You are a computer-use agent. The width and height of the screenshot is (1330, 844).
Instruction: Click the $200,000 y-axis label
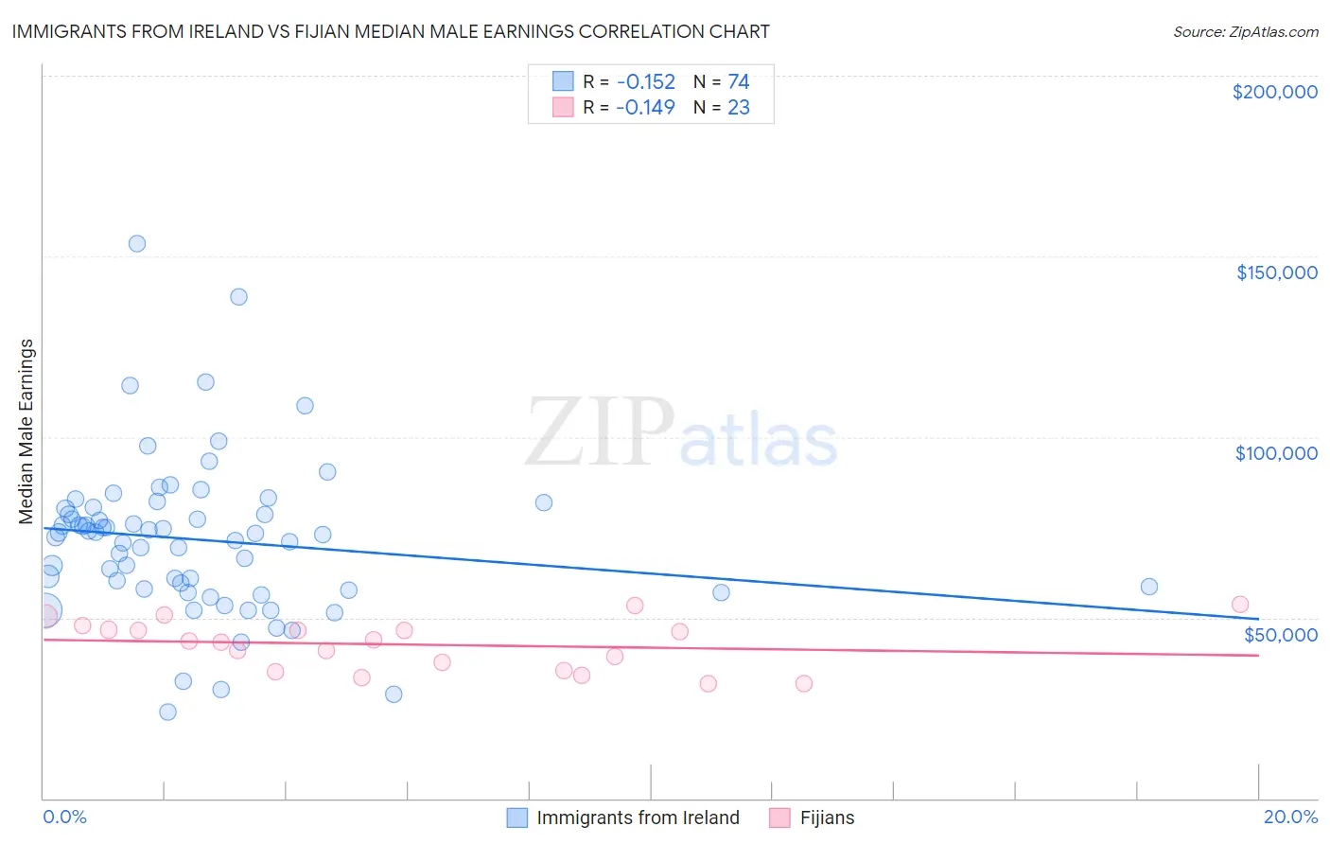1274,92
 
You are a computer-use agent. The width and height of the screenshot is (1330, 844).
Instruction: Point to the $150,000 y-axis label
1276,273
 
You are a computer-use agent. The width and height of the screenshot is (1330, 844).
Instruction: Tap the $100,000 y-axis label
1276,453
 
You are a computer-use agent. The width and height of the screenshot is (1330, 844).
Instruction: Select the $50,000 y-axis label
1280,634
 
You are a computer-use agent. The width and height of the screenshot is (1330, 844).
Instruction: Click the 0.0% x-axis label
64,817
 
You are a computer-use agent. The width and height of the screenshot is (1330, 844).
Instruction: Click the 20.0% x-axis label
1290,817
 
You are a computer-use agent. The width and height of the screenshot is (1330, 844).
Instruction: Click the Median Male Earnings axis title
26,431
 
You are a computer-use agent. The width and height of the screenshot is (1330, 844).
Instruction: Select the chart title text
391,31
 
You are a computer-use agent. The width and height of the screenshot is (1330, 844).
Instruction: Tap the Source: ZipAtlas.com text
1245,32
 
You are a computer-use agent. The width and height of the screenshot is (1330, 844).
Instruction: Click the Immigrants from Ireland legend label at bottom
638,818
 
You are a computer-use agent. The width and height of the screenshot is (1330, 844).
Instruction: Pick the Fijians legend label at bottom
827,818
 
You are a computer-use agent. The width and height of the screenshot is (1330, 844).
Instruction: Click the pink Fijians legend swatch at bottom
779,818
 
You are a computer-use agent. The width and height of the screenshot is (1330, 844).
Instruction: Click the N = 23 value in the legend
723,107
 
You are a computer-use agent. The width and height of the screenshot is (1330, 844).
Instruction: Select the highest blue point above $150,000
137,243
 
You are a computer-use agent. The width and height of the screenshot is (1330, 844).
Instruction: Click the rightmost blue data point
1149,587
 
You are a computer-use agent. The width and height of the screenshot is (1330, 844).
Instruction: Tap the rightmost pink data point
1240,605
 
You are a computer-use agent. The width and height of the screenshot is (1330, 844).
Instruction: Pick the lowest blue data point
167,712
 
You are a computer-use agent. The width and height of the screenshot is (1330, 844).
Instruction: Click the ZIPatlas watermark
681,434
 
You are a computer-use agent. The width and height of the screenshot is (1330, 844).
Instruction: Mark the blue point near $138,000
239,297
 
